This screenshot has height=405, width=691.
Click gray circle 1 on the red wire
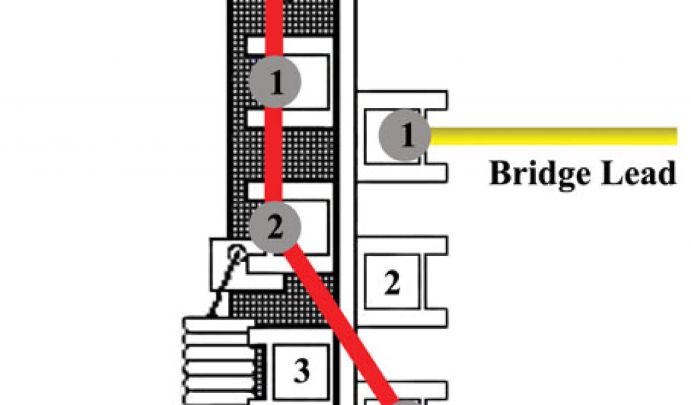tap(275, 82)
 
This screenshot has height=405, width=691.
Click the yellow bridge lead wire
tap(553, 136)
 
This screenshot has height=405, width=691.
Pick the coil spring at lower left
tap(216, 361)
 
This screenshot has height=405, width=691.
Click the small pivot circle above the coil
tap(236, 254)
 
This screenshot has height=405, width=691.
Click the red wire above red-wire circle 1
tap(275, 27)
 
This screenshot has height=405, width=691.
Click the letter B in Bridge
tap(501, 173)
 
